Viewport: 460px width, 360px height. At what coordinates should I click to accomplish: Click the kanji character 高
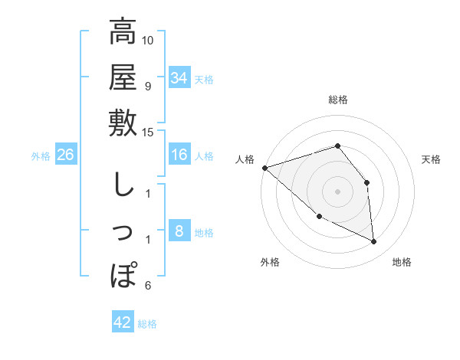(x=123, y=32)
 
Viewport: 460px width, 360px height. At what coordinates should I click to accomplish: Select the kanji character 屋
(x=123, y=77)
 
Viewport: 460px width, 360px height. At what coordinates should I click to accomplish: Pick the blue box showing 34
(x=179, y=78)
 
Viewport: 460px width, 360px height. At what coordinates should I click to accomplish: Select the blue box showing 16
(x=179, y=155)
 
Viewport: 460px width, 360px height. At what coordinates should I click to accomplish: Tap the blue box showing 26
(x=65, y=155)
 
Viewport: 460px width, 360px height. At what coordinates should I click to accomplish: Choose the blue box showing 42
(x=123, y=322)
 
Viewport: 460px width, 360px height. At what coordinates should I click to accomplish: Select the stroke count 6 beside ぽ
(x=148, y=286)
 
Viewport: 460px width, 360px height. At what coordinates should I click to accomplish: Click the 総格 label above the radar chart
(x=337, y=100)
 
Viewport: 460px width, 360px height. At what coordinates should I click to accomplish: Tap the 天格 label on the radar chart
(x=431, y=159)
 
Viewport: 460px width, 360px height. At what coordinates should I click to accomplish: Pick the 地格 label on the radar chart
(x=402, y=263)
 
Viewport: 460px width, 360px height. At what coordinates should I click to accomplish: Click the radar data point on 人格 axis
(x=264, y=167)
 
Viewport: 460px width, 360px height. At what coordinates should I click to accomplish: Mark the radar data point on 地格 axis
(x=374, y=242)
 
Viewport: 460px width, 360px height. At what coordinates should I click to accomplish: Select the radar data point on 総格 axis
(x=337, y=146)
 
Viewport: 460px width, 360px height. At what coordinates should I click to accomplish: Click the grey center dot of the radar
(x=337, y=191)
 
